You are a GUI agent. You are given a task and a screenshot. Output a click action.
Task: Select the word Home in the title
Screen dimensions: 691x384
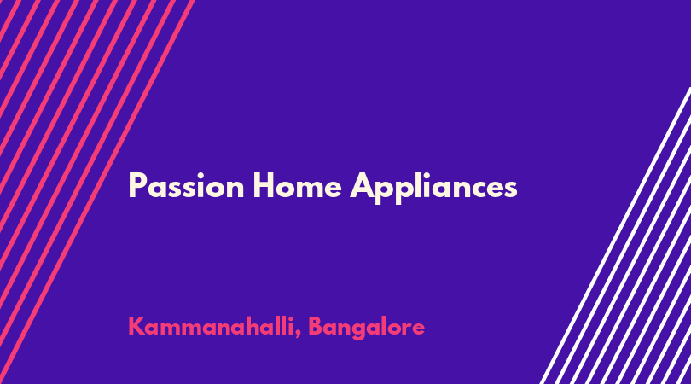point(298,186)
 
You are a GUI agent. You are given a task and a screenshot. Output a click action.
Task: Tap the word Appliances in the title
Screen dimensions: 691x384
point(433,188)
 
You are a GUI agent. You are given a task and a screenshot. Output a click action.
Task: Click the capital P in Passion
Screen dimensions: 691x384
point(137,186)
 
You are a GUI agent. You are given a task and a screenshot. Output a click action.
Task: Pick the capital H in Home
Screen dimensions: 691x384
point(264,186)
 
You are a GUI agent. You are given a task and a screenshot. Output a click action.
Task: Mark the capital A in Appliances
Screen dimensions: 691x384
point(363,186)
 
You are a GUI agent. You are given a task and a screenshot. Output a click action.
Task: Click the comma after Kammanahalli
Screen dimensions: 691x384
point(298,335)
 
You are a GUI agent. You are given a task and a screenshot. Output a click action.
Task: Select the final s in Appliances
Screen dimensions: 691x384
point(510,189)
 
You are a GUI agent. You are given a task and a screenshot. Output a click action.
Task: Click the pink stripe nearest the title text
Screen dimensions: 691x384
point(97,192)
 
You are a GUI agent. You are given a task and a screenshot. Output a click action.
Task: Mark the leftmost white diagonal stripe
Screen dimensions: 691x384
point(615,236)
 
